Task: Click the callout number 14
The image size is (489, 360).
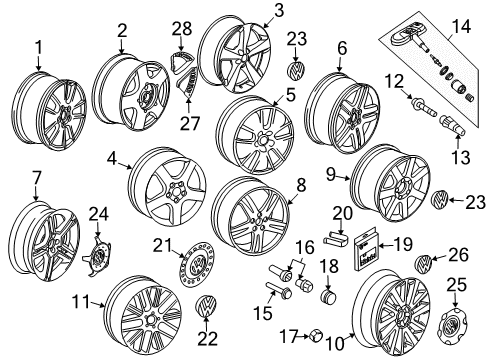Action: click(461, 26)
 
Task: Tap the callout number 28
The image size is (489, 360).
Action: click(182, 29)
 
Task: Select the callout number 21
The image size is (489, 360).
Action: click(162, 246)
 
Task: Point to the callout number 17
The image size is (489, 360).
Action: click(288, 336)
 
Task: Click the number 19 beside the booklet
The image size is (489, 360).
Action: click(403, 244)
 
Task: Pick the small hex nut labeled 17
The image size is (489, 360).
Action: click(315, 336)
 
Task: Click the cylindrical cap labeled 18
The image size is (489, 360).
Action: click(329, 297)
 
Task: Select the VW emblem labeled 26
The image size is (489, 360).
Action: click(423, 264)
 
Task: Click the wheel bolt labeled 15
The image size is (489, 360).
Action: click(279, 290)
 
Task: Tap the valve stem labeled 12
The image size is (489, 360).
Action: click(424, 107)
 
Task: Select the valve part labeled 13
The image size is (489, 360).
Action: click(452, 125)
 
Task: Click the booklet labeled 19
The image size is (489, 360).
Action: click(366, 249)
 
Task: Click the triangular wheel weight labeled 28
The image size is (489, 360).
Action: click(181, 62)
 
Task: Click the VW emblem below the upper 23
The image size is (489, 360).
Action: click(296, 69)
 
